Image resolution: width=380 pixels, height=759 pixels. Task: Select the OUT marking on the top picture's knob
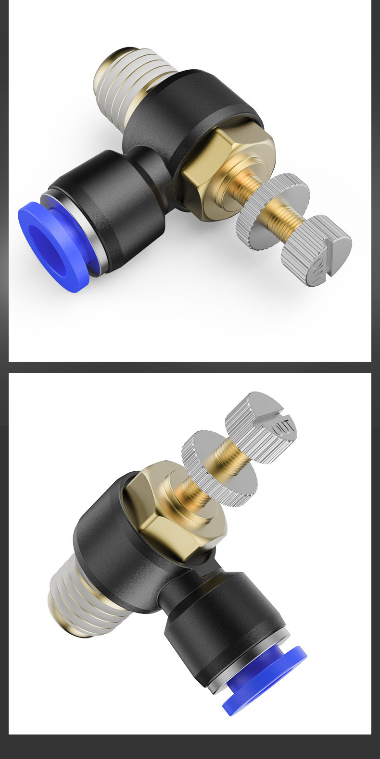tap(318, 270)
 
